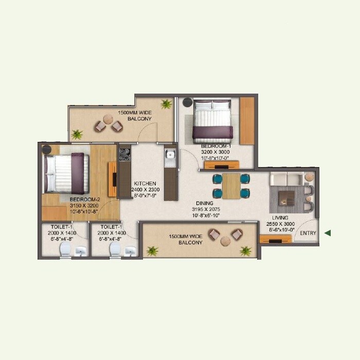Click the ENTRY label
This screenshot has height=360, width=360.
pos(308,233)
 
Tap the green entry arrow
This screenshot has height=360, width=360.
pos(327,233)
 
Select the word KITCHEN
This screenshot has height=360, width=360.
pos(145,183)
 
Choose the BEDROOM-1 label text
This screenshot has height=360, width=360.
pos(216,147)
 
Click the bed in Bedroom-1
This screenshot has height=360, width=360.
pos(212,122)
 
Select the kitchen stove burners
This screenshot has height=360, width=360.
pos(124,155)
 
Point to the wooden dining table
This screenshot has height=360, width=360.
pos(231,186)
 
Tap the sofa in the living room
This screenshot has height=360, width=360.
pos(287,178)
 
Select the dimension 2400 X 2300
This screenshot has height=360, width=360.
pos(147,189)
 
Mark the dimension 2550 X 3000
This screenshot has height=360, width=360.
pos(280,224)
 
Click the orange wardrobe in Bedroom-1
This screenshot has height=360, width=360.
pos(247,121)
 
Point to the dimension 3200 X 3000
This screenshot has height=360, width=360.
pos(216,153)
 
